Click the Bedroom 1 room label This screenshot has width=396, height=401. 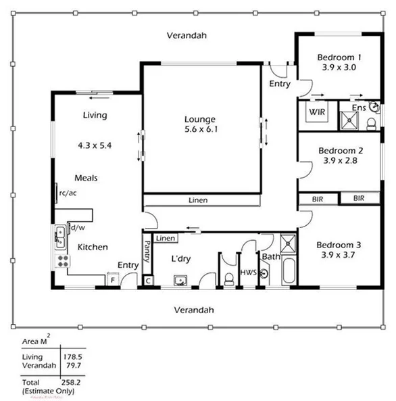pyautogui.click(x=340, y=57)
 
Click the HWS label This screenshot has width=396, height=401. pyautogui.click(x=248, y=273)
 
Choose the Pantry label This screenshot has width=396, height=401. pyautogui.click(x=146, y=253)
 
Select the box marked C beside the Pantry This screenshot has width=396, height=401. pyautogui.click(x=148, y=279)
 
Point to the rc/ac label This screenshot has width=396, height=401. pyautogui.click(x=68, y=193)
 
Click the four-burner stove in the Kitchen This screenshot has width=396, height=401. pyautogui.click(x=61, y=260)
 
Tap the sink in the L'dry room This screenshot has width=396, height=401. pyautogui.click(x=180, y=279)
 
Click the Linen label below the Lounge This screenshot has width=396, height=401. pyautogui.click(x=198, y=201)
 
